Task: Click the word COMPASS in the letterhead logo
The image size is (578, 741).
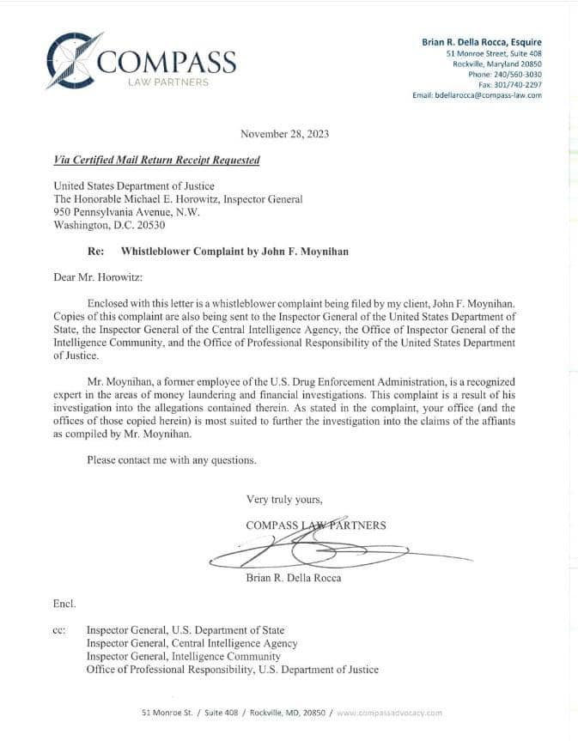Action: pyautogui.click(x=167, y=63)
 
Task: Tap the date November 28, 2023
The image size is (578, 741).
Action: pyautogui.click(x=284, y=134)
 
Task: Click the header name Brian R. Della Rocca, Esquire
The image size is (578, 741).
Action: pyautogui.click(x=482, y=42)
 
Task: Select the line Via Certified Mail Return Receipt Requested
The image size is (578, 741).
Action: pyautogui.click(x=156, y=161)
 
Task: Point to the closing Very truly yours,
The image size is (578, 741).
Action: pyautogui.click(x=284, y=499)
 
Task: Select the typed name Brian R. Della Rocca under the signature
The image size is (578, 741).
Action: pyautogui.click(x=293, y=577)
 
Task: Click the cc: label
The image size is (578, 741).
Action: pyautogui.click(x=59, y=630)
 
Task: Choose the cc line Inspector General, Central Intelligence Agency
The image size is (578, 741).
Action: pyautogui.click(x=192, y=643)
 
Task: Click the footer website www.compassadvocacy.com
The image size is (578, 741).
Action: pyautogui.click(x=390, y=713)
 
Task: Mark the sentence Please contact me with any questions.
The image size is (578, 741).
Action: pyautogui.click(x=172, y=460)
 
